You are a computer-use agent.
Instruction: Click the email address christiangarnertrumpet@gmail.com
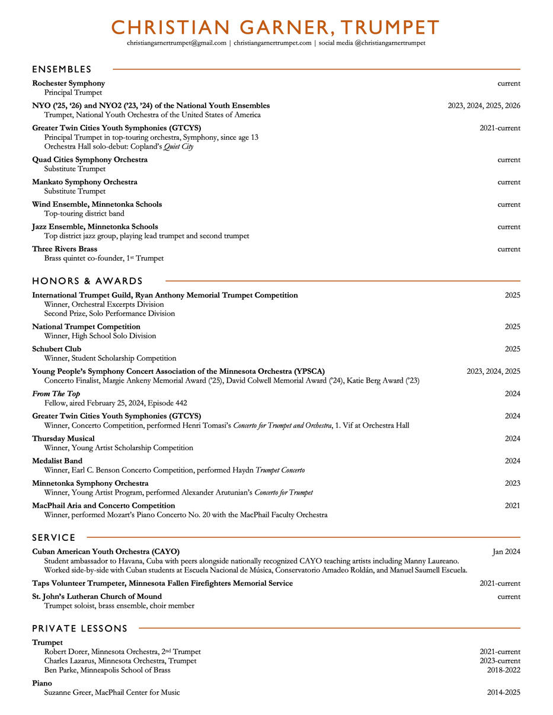click(x=177, y=43)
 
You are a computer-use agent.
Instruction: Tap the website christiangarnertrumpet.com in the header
click(x=273, y=43)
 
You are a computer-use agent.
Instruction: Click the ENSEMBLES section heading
click(x=62, y=69)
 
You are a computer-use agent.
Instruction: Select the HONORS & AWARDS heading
click(x=87, y=281)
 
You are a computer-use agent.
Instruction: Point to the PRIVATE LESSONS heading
click(x=79, y=629)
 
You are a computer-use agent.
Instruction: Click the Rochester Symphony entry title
click(x=68, y=84)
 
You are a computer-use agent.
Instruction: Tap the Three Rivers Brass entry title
click(x=65, y=249)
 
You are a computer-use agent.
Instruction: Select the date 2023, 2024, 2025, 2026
click(x=484, y=106)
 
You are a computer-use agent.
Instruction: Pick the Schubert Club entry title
click(x=56, y=350)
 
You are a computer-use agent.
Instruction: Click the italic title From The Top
click(x=56, y=394)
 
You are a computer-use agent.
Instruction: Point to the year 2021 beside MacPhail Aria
click(x=512, y=506)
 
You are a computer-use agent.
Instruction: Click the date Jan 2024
click(x=506, y=552)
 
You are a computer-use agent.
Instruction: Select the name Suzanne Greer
click(x=68, y=692)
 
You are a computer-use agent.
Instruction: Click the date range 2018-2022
click(x=503, y=671)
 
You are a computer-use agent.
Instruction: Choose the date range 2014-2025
click(x=503, y=692)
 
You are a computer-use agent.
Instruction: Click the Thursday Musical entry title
click(x=63, y=439)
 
